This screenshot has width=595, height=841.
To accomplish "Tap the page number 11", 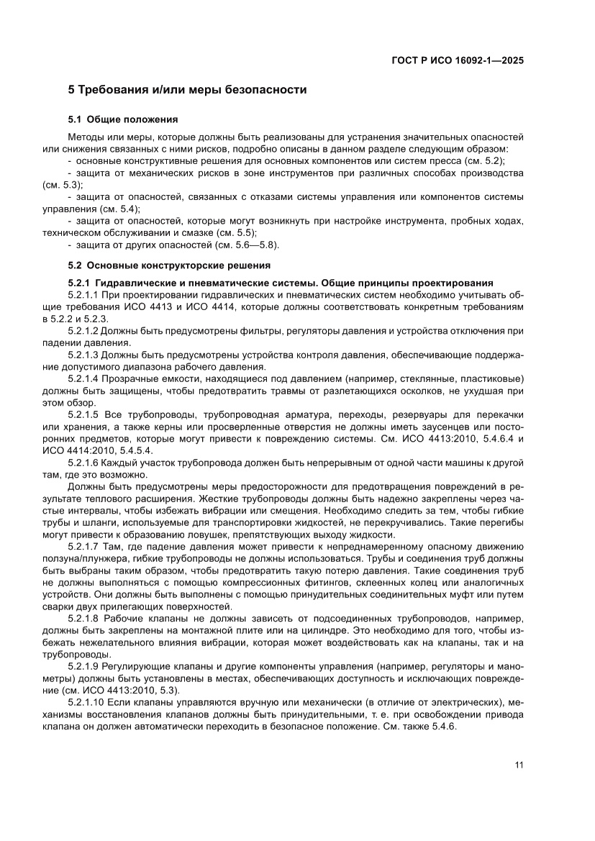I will pos(519,764).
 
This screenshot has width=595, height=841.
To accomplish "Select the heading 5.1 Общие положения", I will pos(122,119).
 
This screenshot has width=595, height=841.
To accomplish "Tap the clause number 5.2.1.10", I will pos(85,701).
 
